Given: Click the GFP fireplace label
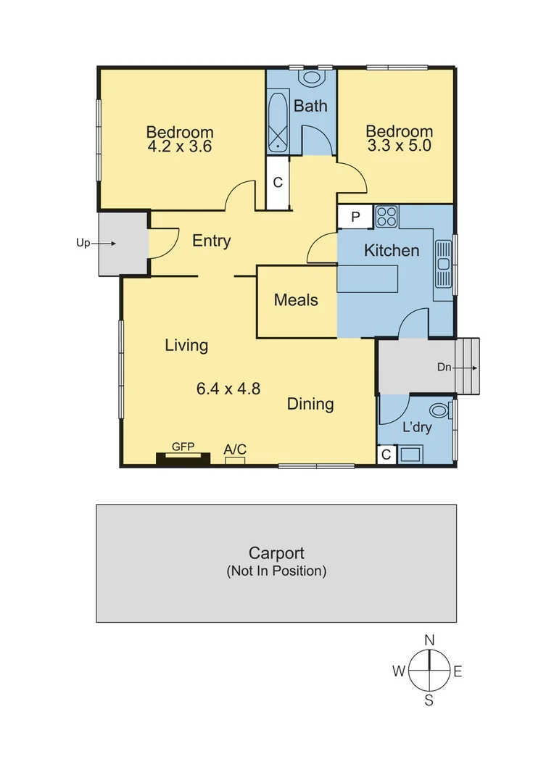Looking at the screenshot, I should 183,447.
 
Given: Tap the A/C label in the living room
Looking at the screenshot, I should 235,450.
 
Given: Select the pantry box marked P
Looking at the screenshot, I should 355,217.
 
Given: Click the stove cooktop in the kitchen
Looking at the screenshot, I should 386,216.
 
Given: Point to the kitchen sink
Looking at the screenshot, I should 443,264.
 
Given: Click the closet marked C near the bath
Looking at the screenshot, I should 277,183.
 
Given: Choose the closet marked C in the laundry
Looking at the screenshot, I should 386,455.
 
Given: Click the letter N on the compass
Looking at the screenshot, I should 429,640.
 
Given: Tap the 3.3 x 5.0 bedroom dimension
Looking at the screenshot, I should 399,145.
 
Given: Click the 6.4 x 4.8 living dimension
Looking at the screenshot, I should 228,389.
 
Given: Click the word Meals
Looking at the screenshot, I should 296,299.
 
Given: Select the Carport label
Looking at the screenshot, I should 276,554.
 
